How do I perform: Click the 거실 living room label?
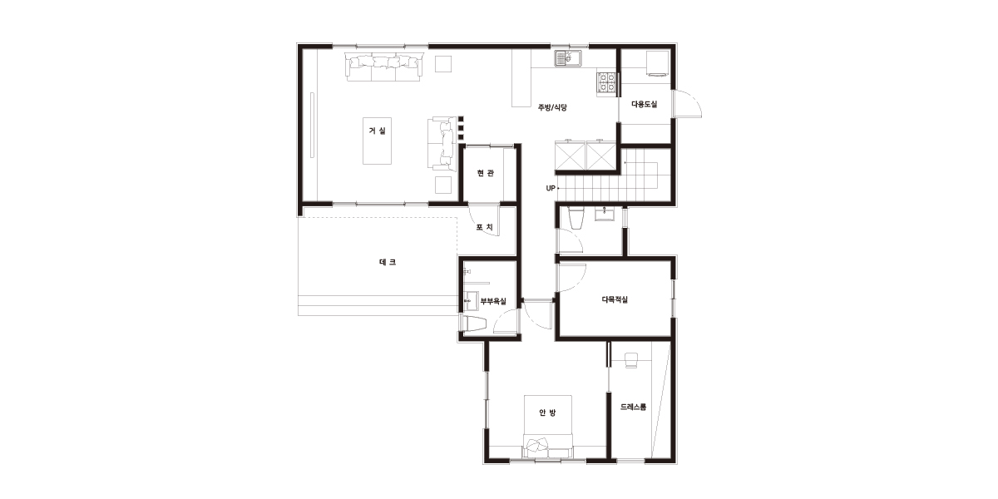[377, 131]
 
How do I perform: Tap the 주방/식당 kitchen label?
[552, 107]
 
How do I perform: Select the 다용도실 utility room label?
[645, 104]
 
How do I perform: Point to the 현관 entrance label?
[485, 173]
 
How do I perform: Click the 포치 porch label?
[484, 227]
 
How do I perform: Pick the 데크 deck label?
[388, 262]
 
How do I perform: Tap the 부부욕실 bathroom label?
[493, 302]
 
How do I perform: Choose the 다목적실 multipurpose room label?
[615, 300]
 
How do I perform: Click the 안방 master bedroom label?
[547, 413]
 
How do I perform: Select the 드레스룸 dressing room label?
[633, 408]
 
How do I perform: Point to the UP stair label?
[551, 189]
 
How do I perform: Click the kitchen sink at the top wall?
[567, 58]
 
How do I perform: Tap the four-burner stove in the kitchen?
[607, 82]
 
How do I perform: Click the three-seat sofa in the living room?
[383, 67]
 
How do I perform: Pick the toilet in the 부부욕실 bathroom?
[473, 324]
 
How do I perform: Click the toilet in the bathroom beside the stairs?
[576, 218]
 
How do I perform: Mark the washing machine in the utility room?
[658, 64]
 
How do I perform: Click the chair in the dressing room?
[631, 360]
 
